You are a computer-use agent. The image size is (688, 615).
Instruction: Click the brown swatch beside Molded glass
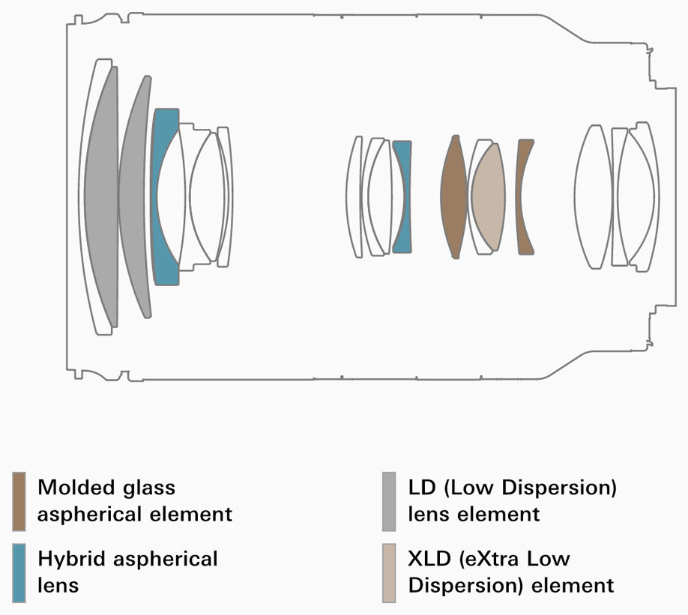coord(19,501)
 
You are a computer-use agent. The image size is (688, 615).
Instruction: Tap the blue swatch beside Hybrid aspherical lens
coord(19,573)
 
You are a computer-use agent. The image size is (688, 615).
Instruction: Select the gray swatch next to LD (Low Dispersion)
coord(389,501)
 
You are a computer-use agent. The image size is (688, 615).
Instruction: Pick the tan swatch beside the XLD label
coord(389,573)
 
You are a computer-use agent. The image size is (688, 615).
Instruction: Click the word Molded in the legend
coord(76,487)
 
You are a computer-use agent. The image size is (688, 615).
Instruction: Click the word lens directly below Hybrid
coord(58,585)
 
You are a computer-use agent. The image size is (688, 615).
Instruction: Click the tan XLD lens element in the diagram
coord(488,196)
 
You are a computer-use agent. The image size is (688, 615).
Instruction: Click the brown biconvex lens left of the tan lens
coord(453,196)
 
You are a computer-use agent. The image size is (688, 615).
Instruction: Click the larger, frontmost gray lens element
coord(102,196)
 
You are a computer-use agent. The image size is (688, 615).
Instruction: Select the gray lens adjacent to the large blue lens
coord(134,196)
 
